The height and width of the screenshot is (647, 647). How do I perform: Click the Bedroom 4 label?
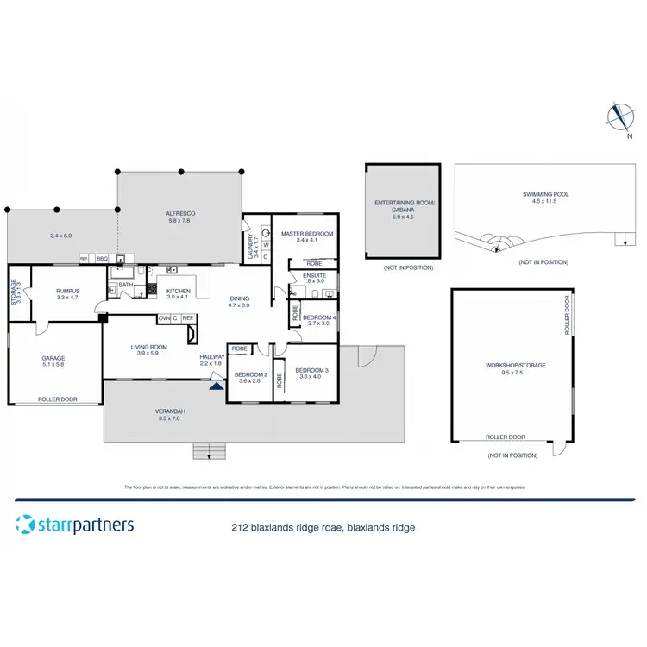(318, 317)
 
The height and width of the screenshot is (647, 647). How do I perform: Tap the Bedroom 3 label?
(314, 370)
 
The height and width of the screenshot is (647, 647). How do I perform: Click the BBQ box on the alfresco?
(101, 258)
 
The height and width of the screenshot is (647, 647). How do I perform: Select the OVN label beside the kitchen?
(164, 317)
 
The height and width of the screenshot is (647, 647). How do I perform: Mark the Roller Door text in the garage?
(58, 399)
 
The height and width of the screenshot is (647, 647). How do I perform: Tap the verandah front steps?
(207, 449)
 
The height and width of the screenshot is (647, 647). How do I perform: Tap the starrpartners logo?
(75, 525)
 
